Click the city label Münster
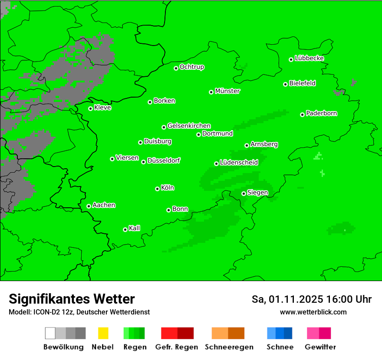pyautogui.click(x=227, y=91)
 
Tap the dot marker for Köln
pyautogui.click(x=157, y=189)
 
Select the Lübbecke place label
pyautogui.click(x=309, y=58)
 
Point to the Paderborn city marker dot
pyautogui.click(x=302, y=115)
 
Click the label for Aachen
pyautogui.click(x=104, y=205)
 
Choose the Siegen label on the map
pyautogui.click(x=257, y=192)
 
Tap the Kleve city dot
pyautogui.click(x=90, y=108)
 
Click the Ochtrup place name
pyautogui.click(x=192, y=67)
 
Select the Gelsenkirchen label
pyautogui.click(x=189, y=126)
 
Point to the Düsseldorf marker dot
pyautogui.click(x=143, y=162)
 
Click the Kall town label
pyautogui.click(x=135, y=228)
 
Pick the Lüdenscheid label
pyautogui.click(x=239, y=162)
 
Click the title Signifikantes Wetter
pyautogui.click(x=72, y=299)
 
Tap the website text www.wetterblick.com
pyautogui.click(x=313, y=312)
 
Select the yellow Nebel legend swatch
pyautogui.click(x=103, y=333)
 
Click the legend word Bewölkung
pyautogui.click(x=63, y=347)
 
